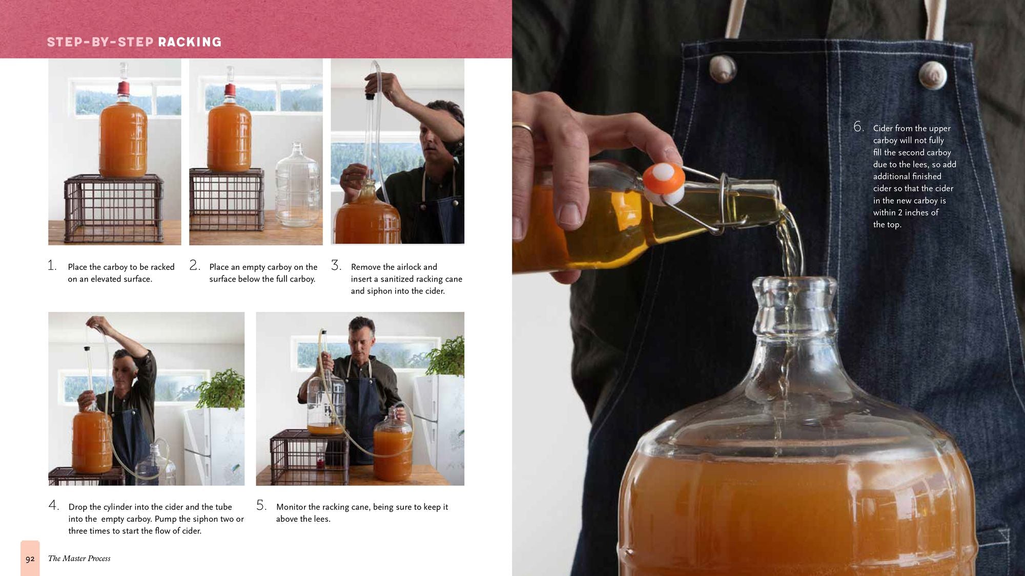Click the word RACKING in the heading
coord(190,42)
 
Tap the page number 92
coord(30,559)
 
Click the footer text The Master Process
coord(79,559)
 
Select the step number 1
coord(52,265)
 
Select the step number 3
coord(336,265)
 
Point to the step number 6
coord(858,126)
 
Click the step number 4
coord(53,505)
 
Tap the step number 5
coord(261,505)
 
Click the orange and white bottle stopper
coord(664,183)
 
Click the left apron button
coord(723,69)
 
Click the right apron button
coord(932,75)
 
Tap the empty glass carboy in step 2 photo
coord(297,187)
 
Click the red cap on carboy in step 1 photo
coord(123,89)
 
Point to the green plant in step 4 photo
coord(221,389)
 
